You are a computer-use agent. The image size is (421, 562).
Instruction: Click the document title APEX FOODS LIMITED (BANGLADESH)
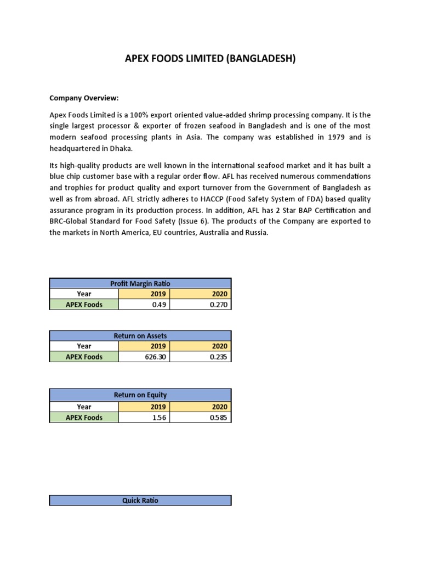210,59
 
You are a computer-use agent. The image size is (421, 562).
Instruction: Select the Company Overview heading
84,98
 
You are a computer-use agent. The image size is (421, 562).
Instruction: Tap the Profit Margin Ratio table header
140,283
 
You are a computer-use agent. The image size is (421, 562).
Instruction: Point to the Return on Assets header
140,335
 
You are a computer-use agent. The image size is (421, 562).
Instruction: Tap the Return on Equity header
140,395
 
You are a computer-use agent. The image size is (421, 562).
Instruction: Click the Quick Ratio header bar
140,500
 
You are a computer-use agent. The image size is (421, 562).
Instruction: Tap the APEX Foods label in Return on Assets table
84,357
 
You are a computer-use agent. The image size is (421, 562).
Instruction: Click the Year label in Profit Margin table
84,294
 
